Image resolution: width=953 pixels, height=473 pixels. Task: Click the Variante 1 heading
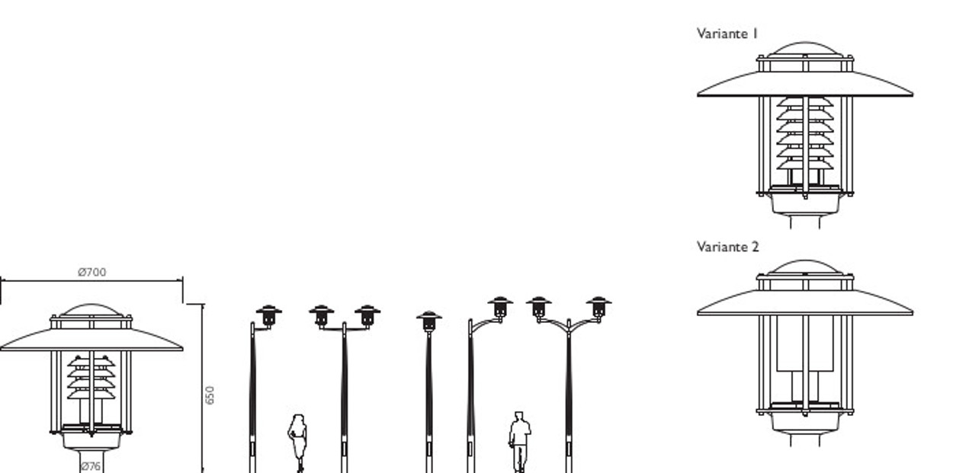[727, 34]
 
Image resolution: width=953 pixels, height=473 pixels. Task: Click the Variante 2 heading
[727, 247]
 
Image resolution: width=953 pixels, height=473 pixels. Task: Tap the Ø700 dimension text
[92, 272]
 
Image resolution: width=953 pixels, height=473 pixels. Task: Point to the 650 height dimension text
[210, 395]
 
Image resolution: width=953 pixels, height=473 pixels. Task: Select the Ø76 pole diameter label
[91, 466]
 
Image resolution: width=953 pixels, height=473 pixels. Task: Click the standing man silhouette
[519, 442]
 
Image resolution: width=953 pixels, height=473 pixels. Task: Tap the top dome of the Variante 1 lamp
[805, 48]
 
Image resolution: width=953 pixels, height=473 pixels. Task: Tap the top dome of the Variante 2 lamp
[805, 267]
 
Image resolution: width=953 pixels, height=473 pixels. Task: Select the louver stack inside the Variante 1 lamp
[805, 133]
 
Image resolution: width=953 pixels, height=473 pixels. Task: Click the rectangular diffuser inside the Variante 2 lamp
[805, 344]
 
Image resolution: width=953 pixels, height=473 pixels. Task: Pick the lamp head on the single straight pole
[428, 321]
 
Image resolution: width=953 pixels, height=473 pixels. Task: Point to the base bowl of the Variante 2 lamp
[805, 423]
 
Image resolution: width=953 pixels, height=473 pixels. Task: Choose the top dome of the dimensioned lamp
[91, 310]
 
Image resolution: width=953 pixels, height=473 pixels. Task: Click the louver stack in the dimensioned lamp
[91, 377]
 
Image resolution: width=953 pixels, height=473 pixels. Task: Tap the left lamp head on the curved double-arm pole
[538, 307]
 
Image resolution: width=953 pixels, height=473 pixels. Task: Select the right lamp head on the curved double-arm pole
[598, 307]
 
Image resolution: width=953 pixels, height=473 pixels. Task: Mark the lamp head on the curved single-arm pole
[500, 307]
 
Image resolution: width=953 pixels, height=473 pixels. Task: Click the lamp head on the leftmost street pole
[269, 315]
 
